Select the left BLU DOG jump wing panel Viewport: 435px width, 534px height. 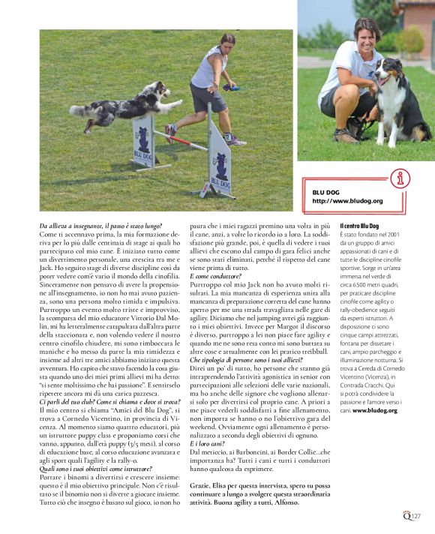[142, 139]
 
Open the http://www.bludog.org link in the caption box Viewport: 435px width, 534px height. [347, 201]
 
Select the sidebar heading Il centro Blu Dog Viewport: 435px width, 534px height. [361, 226]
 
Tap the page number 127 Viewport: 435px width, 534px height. [416, 515]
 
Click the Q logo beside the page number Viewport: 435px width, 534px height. [406, 514]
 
